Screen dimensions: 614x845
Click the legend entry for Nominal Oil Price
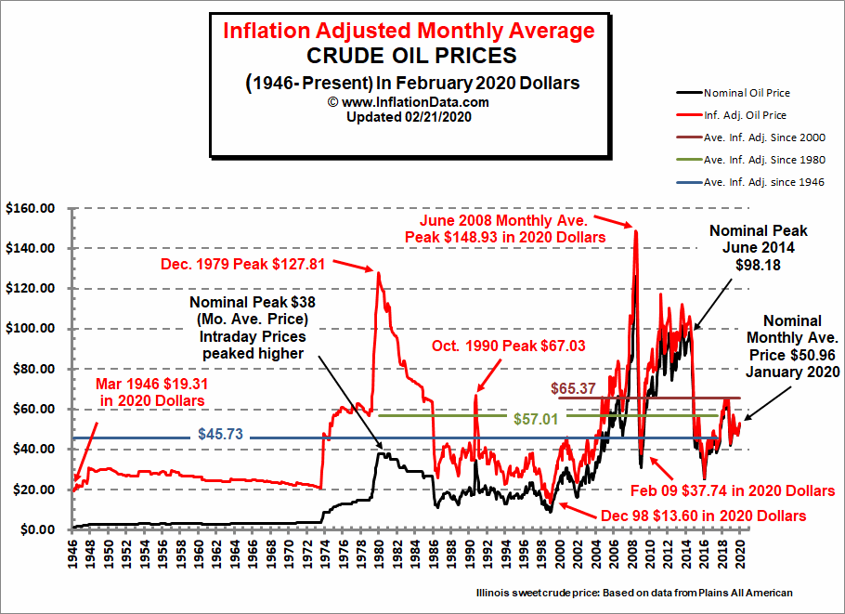pos(747,93)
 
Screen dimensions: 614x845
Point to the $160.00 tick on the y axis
pos(30,208)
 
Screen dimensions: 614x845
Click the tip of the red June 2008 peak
pos(636,229)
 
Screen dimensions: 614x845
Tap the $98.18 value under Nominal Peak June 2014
pos(759,266)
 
